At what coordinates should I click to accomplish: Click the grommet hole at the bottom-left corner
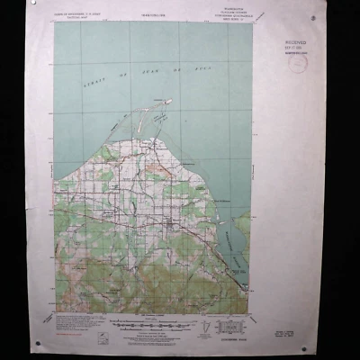click(38, 343)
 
